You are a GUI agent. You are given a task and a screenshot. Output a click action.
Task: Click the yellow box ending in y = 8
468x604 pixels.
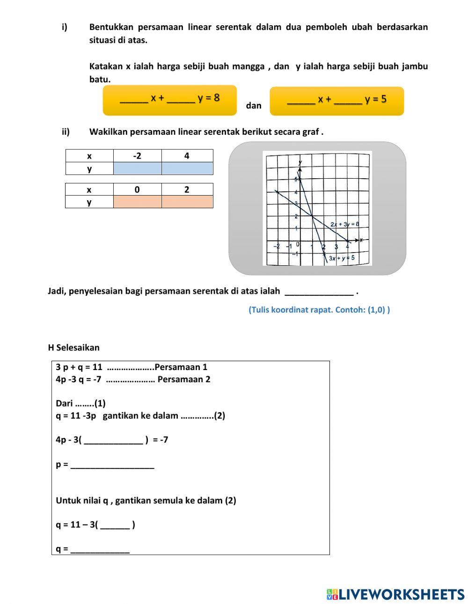coord(170,100)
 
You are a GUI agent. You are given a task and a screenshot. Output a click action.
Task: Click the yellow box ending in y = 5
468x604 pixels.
coord(336,101)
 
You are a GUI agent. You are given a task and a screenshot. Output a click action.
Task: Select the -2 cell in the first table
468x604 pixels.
coord(137,156)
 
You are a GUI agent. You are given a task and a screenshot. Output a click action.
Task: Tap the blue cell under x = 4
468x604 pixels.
coord(187,168)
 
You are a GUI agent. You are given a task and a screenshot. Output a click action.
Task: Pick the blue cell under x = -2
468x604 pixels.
coord(137,168)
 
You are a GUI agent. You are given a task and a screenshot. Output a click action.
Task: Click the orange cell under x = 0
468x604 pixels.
coord(137,202)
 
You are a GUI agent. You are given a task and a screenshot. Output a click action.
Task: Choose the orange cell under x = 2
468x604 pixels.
coord(187,202)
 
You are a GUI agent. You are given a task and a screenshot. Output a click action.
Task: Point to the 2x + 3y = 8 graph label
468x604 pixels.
coord(344,224)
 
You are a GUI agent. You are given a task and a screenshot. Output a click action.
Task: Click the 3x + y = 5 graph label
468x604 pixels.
coord(341,258)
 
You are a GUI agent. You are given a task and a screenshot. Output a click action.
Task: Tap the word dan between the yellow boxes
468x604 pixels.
coord(254,106)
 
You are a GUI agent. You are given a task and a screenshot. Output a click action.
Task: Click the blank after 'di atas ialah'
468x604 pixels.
coord(319,291)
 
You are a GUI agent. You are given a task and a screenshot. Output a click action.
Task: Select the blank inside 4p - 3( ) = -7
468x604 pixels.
coord(114,440)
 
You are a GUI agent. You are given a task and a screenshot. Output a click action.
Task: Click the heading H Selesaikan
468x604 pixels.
coord(73,348)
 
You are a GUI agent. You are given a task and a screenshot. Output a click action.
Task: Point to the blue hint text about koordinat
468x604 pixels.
coord(319,310)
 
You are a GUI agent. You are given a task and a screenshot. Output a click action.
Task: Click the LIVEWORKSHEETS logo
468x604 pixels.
coord(395,594)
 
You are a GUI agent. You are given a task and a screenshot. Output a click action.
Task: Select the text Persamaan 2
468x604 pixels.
coord(184,379)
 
